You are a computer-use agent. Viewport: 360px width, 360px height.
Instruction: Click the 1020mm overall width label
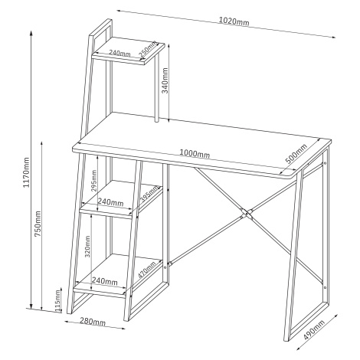234,21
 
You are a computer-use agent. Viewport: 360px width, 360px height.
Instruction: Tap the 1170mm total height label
26,172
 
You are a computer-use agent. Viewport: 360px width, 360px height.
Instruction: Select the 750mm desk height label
38,224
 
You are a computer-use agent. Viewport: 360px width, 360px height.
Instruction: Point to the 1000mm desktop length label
195,153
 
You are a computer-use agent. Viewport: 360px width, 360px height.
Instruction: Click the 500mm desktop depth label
296,154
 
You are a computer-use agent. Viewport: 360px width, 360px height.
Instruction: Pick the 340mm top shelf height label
165,80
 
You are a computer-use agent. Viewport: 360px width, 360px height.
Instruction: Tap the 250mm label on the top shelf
147,49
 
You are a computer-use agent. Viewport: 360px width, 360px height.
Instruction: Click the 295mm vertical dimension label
94,181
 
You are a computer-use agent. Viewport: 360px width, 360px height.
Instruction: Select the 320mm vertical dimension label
87,247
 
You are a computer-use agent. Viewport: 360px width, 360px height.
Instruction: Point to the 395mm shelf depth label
149,194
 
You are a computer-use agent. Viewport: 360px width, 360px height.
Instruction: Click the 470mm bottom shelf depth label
146,270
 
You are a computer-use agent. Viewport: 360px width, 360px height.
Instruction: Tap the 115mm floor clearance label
58,301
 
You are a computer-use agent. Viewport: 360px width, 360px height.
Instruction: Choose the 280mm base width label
93,322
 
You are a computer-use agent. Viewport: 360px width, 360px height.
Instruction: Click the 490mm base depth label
314,329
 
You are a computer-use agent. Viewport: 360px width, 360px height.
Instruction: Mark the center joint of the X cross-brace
247,214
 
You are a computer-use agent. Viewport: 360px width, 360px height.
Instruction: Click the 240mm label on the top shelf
119,53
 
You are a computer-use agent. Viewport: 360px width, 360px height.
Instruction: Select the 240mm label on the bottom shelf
105,281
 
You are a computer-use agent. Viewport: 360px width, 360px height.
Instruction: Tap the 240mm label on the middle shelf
110,202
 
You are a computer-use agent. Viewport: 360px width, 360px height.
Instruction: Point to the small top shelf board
128,51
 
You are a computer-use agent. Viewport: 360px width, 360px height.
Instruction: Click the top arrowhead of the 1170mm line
31,33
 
